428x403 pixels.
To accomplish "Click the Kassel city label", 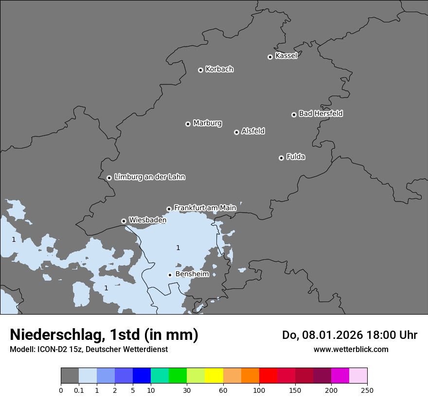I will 286,56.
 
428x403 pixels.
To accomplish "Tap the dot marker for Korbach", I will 200,70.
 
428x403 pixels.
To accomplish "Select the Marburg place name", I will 207,123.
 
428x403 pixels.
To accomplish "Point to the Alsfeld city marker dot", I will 236,132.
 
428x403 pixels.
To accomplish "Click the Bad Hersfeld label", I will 321,114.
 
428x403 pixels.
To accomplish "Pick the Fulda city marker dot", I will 281,158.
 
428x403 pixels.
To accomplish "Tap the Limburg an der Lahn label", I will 149,177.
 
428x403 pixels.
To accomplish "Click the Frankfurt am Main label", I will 205,208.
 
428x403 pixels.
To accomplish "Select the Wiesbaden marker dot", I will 124,221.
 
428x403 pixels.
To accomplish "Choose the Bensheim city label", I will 192,274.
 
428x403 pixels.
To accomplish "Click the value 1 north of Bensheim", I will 178,248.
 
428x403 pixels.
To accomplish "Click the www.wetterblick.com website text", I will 351,349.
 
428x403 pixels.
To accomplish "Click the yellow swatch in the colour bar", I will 214,376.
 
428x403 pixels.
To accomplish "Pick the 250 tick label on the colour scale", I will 367,390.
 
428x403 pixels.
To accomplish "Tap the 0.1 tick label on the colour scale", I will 79,390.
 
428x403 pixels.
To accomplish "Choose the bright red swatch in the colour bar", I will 268,376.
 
